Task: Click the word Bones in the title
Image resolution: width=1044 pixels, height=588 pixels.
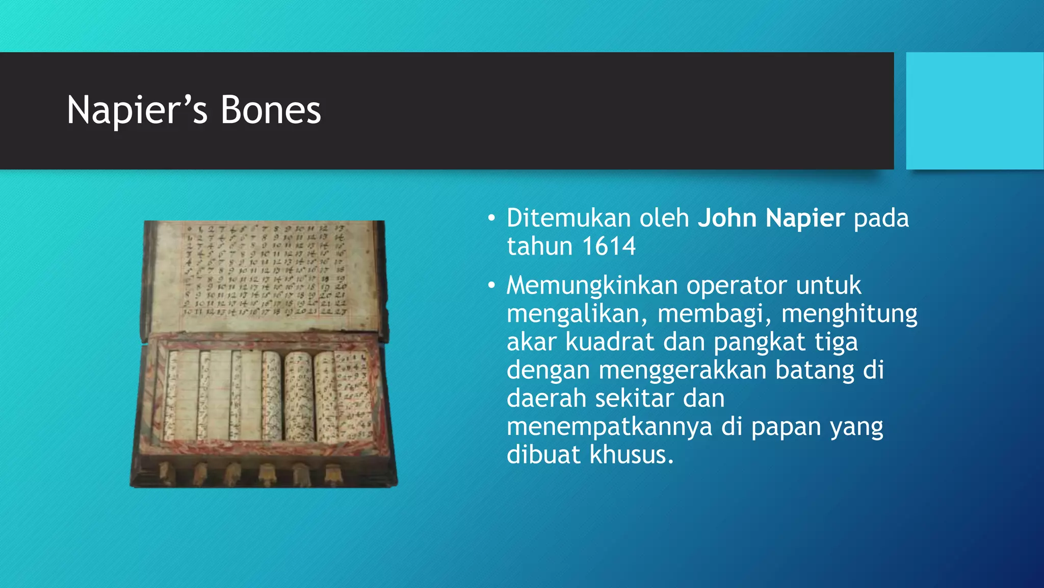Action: coord(271,110)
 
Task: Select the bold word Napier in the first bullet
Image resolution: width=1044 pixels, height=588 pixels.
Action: coord(805,218)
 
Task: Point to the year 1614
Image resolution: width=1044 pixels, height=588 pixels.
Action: coord(609,247)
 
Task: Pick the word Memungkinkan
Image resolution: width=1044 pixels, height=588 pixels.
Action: coord(592,285)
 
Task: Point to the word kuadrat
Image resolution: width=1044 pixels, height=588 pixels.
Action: coord(610,342)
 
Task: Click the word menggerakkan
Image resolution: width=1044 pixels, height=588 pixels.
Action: coord(683,370)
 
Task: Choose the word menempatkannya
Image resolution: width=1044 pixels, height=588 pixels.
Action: coord(609,427)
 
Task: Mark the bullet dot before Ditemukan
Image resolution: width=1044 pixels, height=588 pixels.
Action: coord(491,219)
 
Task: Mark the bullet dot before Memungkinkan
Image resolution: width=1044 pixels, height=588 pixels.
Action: coord(491,286)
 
